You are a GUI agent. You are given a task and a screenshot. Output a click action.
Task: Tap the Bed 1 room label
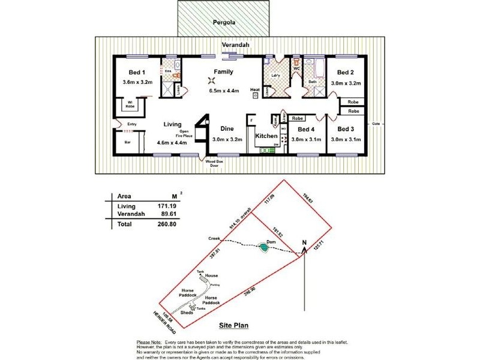click(x=134, y=72)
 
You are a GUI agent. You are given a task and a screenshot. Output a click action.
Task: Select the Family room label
click(x=223, y=71)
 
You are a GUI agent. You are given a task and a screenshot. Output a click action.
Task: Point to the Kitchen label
click(x=266, y=136)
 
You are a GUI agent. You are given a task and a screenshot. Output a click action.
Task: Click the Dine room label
click(x=227, y=128)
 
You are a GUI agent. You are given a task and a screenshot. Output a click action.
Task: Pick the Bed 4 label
click(x=306, y=129)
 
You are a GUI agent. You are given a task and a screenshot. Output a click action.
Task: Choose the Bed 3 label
click(x=346, y=129)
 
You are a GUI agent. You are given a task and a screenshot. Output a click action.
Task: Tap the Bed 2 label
click(x=346, y=73)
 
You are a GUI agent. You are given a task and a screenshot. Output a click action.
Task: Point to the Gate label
click(x=376, y=124)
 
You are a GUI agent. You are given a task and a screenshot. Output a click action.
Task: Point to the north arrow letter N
click(x=305, y=243)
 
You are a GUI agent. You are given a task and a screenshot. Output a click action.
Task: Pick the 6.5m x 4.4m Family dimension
click(x=224, y=91)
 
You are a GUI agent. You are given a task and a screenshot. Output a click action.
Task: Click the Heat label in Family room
click(x=255, y=91)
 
